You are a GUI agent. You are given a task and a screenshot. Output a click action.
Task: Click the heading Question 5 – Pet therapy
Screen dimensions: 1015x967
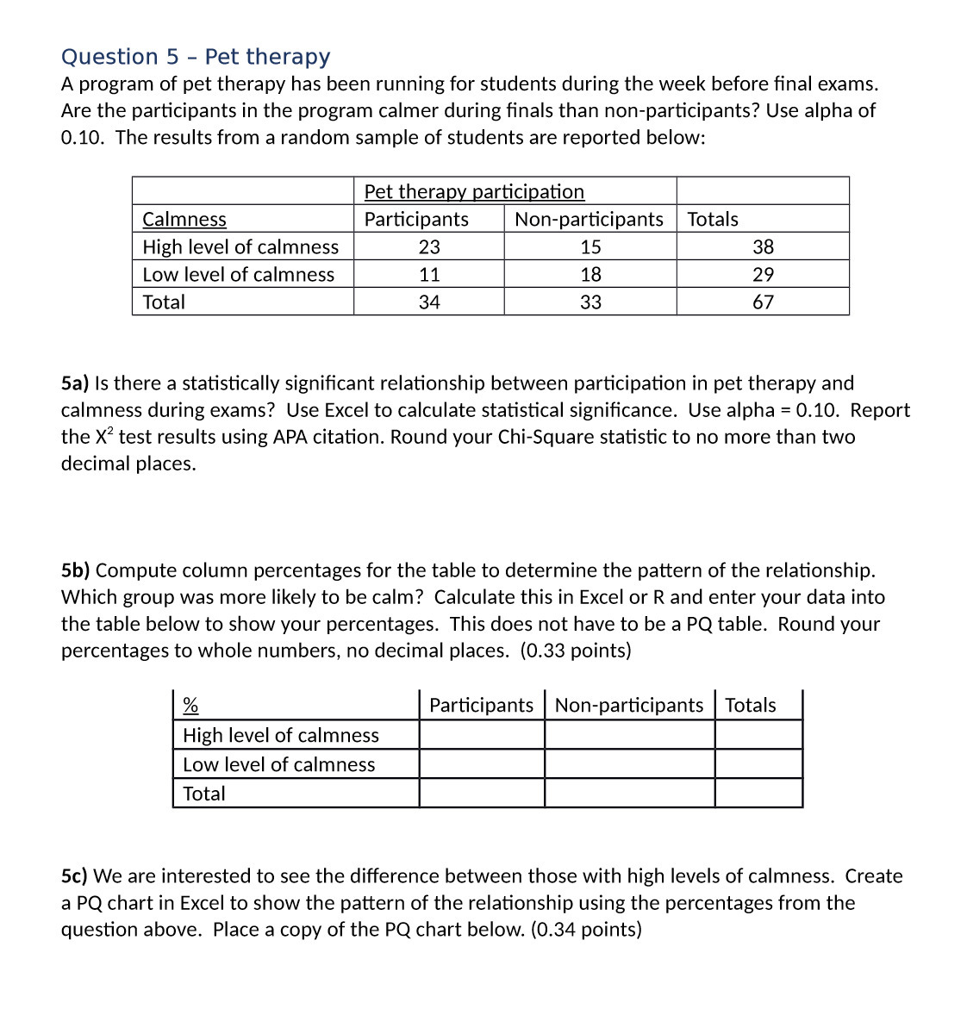point(196,57)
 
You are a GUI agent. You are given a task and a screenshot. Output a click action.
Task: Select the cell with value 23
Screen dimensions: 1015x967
point(429,247)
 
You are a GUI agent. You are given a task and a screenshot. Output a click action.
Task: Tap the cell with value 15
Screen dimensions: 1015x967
point(590,247)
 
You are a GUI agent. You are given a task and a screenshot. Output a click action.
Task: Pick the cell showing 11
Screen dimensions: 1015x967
point(429,275)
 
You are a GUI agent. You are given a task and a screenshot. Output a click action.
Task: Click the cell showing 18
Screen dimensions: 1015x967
point(590,275)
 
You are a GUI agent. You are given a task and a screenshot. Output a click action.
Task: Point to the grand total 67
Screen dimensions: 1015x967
point(763,302)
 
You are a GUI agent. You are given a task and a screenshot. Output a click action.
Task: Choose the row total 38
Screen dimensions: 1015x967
point(763,247)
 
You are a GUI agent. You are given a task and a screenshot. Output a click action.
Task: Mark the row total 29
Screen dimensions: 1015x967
point(763,275)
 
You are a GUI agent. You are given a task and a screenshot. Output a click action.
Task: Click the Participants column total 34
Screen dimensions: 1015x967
point(429,302)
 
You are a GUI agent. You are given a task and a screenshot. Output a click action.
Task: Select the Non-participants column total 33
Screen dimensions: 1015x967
point(590,302)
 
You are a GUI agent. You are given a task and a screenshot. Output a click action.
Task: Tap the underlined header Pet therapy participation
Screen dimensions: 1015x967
point(474,191)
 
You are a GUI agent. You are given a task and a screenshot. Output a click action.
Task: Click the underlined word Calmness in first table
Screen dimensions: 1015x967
point(184,220)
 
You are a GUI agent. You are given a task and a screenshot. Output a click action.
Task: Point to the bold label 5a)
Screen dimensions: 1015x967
point(75,383)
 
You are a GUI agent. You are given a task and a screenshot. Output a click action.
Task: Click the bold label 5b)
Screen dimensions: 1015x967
point(76,570)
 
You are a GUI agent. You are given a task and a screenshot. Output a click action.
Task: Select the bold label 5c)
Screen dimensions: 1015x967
point(74,876)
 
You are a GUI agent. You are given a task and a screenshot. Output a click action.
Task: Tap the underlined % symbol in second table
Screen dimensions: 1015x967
point(190,706)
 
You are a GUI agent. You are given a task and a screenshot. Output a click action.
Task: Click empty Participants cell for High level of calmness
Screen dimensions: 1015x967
point(482,735)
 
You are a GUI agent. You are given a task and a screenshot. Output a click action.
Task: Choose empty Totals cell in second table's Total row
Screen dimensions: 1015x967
point(758,794)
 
